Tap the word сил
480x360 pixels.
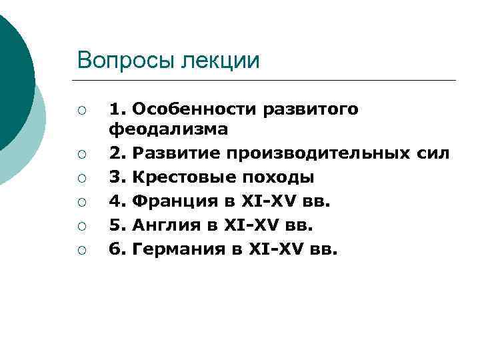coord(432,154)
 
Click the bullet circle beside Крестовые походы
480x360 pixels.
coord(82,179)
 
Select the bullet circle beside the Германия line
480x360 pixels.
coord(82,251)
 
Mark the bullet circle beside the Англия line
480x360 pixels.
coord(82,227)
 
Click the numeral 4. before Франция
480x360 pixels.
coord(117,202)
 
